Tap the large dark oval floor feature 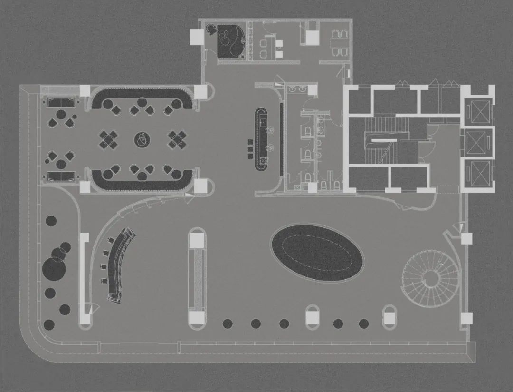317,252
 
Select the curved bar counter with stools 119,265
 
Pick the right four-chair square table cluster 177,139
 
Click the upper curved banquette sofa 142,95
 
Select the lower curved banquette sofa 142,181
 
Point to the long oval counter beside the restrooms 261,138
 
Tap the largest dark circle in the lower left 54,269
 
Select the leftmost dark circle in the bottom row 228,323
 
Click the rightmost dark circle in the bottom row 363,323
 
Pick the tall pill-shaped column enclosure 197,277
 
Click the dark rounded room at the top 231,40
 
